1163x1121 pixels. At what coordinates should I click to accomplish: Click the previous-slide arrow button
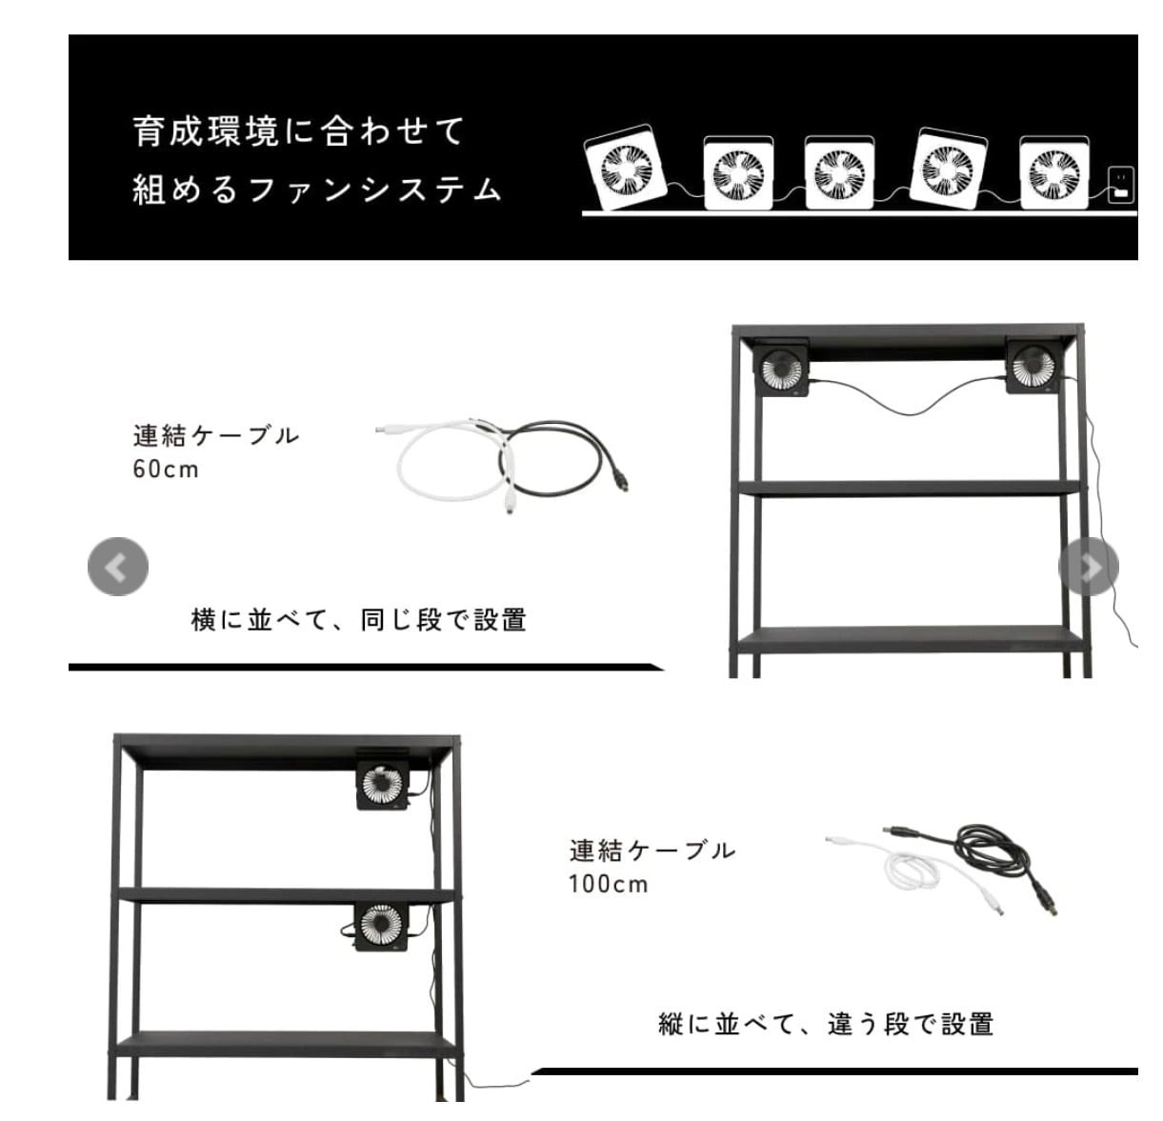118,567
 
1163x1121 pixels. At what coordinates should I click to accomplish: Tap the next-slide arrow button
1089,567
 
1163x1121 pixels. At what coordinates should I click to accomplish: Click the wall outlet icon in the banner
1120,185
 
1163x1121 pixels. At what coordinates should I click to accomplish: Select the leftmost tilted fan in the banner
626,168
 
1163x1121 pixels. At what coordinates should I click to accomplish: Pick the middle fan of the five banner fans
839,172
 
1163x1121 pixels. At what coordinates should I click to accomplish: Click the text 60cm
166,470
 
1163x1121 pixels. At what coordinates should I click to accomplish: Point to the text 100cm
608,885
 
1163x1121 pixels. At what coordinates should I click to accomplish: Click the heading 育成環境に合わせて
299,131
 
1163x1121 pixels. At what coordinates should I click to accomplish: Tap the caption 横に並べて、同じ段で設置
358,620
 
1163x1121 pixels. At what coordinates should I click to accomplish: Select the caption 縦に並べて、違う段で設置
826,1024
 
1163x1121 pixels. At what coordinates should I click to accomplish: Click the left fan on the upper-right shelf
782,368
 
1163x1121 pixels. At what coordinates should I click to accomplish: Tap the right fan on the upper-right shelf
1033,367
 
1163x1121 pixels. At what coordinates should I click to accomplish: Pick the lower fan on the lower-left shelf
381,926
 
